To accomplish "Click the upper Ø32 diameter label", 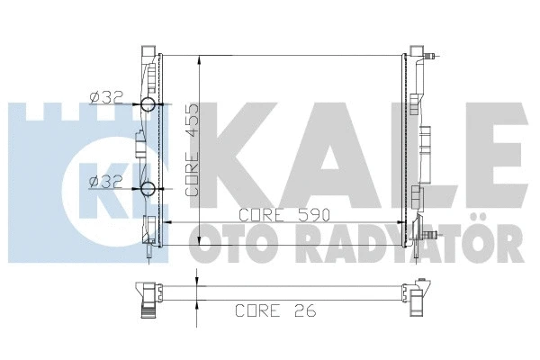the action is tap(106, 98).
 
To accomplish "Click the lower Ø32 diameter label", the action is tap(105, 182).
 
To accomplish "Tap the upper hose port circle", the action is tap(148, 104).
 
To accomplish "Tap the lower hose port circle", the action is tap(148, 189).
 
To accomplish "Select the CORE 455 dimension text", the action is tap(192, 150).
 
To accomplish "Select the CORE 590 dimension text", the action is tap(284, 215).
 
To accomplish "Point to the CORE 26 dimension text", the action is tap(275, 310).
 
